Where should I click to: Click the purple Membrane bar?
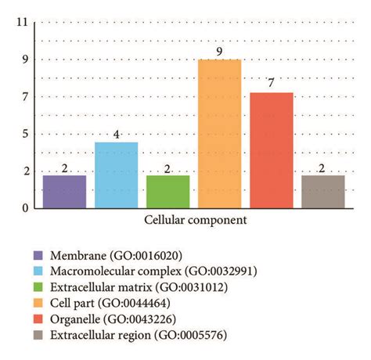[64, 192]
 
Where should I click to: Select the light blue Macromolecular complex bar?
[116, 175]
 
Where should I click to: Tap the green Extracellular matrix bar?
[167, 192]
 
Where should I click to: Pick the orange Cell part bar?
[219, 134]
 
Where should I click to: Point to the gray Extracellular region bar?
[322, 192]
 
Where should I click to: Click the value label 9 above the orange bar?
[219, 52]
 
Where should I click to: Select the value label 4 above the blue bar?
[116, 134]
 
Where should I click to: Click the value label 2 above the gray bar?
[322, 167]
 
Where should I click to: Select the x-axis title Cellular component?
[195, 221]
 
